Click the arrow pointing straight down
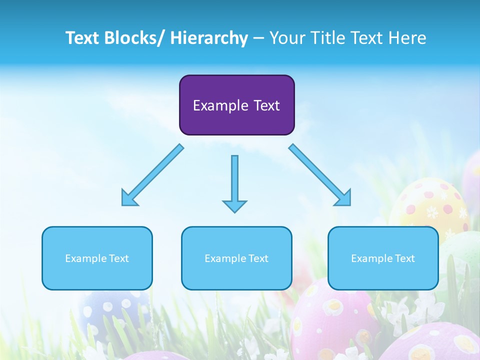(x=234, y=182)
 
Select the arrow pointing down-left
(x=152, y=175)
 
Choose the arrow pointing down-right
(x=320, y=175)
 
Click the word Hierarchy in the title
(x=209, y=38)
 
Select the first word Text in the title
(x=84, y=38)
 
